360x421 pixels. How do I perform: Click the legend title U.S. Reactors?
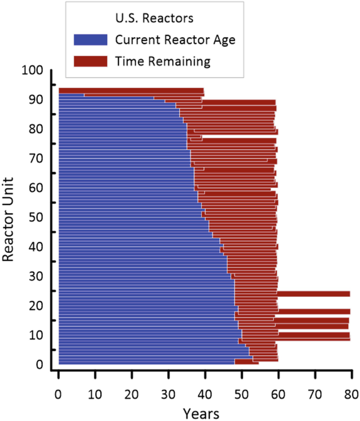(x=155, y=18)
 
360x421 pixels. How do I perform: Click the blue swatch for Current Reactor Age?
(x=90, y=39)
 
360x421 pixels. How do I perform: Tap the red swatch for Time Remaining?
(x=90, y=61)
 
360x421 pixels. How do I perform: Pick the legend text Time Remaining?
(x=163, y=61)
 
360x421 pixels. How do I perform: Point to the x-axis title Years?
(x=201, y=412)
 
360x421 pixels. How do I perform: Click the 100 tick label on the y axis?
(x=33, y=70)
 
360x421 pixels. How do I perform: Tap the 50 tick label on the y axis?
(x=36, y=217)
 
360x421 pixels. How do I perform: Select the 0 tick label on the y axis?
(x=39, y=364)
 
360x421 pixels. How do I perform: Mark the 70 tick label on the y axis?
(x=36, y=158)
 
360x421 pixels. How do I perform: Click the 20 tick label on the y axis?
(x=36, y=305)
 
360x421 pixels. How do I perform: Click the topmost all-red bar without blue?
(x=131, y=91)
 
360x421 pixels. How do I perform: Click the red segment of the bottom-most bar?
(x=246, y=362)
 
